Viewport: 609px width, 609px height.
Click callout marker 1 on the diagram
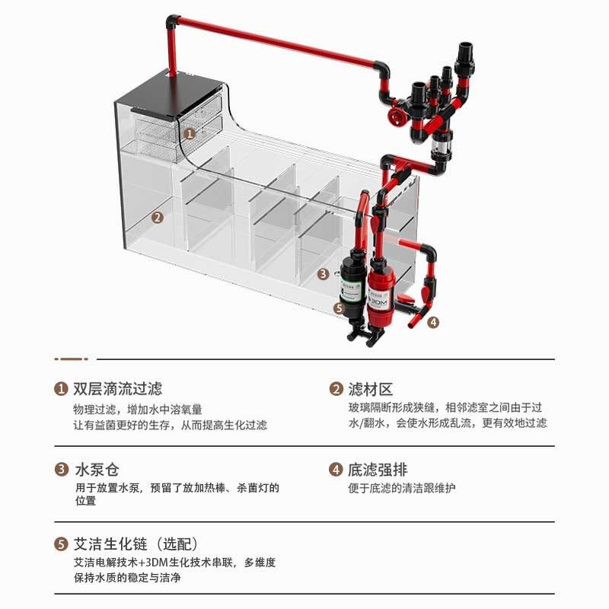[190, 132]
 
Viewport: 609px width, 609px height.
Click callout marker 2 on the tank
[157, 217]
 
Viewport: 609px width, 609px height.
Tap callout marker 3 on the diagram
[323, 273]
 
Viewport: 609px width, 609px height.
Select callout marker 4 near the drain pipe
[433, 321]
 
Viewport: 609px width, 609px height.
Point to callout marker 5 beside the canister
[339, 308]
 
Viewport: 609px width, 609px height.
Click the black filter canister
[351, 285]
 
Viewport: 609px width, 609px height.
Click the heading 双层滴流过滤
[117, 389]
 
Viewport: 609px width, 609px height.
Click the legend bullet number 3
[61, 470]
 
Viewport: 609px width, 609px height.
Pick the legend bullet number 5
[61, 544]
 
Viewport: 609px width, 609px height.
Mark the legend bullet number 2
[336, 389]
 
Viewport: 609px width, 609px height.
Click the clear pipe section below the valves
[440, 145]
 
